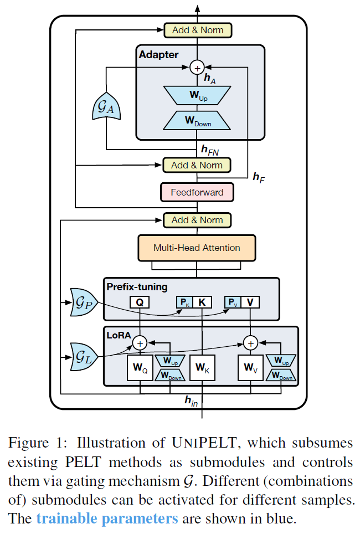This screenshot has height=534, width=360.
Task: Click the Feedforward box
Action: tap(197, 192)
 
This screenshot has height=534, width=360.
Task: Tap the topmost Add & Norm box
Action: tap(197, 30)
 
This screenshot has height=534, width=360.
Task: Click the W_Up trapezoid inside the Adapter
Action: tap(197, 95)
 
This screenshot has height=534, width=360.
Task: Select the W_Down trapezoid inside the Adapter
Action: tap(197, 121)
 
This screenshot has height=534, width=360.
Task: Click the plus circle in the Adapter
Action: tap(197, 68)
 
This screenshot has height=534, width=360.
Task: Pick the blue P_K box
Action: tap(183, 302)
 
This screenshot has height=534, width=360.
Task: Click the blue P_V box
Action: tap(232, 302)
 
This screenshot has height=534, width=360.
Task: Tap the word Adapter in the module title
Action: tap(159, 54)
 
